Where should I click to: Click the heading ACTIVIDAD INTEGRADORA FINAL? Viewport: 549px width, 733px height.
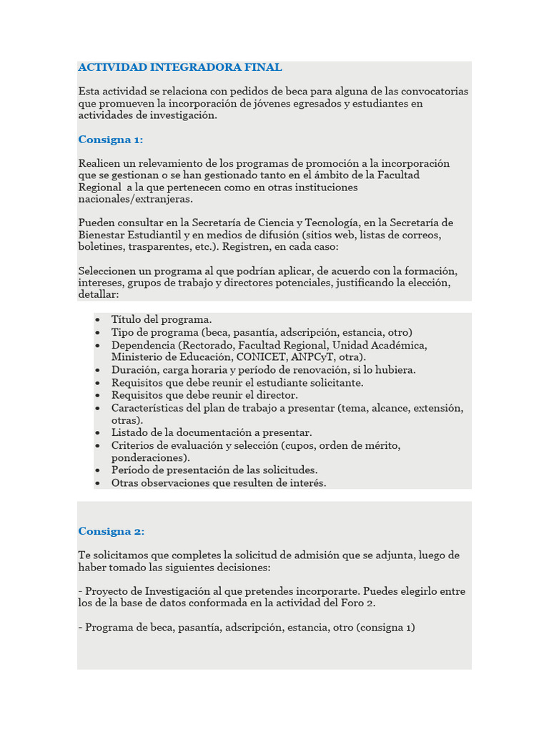(180, 67)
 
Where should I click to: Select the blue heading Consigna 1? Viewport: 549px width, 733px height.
(111, 139)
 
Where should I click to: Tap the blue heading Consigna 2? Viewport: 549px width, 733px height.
(111, 531)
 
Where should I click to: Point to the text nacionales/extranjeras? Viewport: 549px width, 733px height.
(135, 199)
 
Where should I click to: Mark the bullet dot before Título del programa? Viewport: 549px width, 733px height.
(97, 320)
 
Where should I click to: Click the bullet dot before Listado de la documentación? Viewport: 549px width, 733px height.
(97, 433)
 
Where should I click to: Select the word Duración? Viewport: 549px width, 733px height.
(134, 370)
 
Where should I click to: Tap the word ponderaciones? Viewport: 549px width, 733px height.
(149, 457)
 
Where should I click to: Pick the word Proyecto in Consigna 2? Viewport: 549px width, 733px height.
(106, 591)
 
